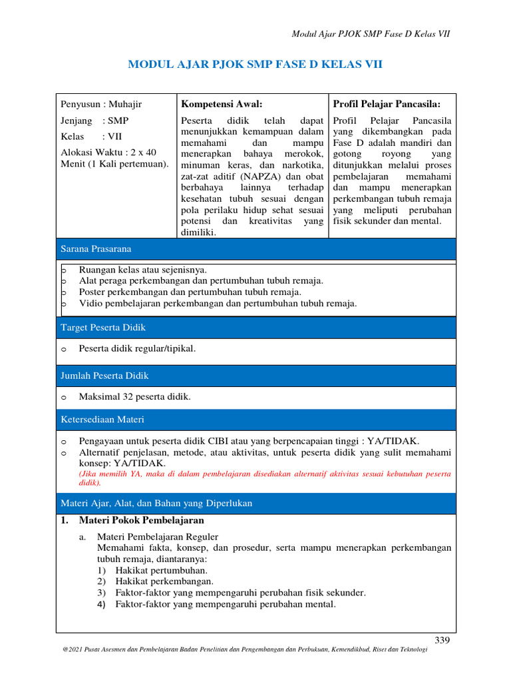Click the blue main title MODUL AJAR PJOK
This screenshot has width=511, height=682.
[x=255, y=65]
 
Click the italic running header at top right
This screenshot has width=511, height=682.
[x=371, y=34]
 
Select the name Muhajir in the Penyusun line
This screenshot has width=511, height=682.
[x=126, y=104]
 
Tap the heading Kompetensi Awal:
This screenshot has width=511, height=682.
[x=222, y=104]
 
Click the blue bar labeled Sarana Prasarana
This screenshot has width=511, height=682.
[x=256, y=248]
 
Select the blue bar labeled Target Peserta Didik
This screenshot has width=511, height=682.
[x=256, y=328]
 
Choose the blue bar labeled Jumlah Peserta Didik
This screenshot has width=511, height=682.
[x=256, y=376]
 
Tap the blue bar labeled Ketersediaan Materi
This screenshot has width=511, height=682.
[x=256, y=420]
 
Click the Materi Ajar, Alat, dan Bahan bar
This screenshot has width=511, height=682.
[x=256, y=503]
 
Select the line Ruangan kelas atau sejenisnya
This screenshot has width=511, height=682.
[x=142, y=270]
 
